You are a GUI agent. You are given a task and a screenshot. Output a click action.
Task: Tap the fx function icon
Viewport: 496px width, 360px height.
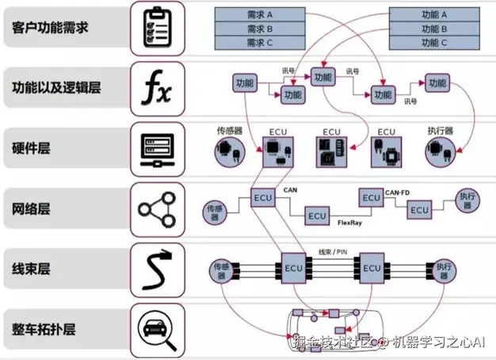(x=155, y=88)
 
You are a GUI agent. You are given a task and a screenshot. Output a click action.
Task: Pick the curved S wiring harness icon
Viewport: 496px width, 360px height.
(x=155, y=268)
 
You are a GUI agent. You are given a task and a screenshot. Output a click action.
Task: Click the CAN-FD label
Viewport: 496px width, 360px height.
(x=397, y=192)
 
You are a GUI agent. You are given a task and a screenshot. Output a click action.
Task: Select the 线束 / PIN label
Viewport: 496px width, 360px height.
(x=332, y=252)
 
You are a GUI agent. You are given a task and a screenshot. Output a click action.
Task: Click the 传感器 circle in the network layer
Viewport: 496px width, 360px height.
(x=216, y=210)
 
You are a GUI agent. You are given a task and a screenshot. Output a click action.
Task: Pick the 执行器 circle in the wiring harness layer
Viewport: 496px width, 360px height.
(x=441, y=269)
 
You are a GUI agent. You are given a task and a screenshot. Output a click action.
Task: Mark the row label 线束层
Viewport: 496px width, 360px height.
(x=32, y=269)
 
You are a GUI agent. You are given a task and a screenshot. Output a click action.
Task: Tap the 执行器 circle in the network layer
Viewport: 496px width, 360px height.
(x=467, y=201)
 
